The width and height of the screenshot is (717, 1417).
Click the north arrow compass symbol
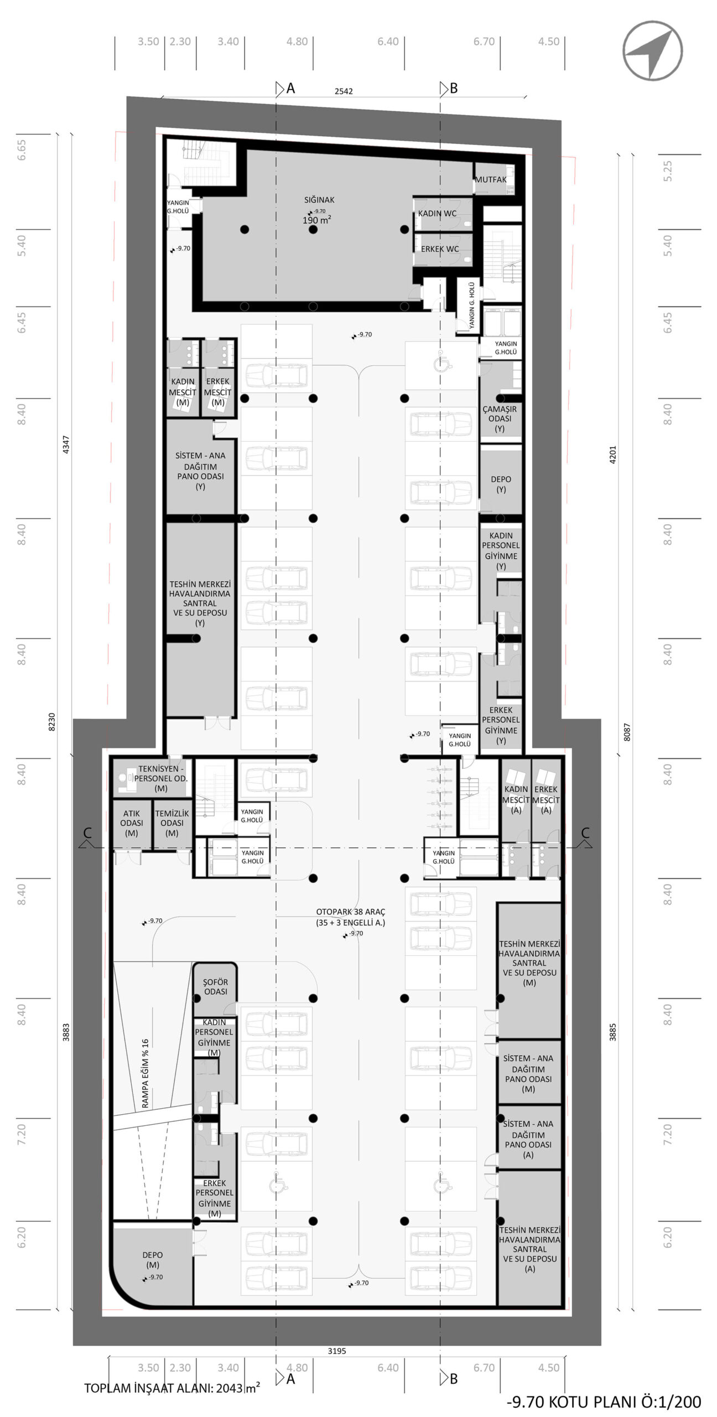click(652, 51)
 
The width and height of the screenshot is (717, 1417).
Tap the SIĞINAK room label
click(319, 200)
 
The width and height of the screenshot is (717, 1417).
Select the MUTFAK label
click(491, 179)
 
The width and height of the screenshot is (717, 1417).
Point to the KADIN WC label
click(437, 213)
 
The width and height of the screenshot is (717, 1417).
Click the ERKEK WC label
click(440, 249)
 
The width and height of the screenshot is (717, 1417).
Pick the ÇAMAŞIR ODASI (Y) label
click(500, 418)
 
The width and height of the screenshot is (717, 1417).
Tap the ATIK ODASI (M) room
click(132, 823)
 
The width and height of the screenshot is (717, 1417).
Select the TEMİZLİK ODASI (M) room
click(172, 823)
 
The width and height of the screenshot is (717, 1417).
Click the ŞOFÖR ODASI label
click(216, 986)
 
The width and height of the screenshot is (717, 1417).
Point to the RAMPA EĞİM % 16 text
click(146, 1073)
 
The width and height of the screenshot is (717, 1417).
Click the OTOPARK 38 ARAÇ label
click(351, 911)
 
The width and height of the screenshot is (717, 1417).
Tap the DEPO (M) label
click(153, 1260)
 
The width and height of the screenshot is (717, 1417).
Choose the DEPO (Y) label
click(501, 484)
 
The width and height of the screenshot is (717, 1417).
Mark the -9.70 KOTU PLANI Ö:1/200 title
click(604, 1402)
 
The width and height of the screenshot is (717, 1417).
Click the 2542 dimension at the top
click(344, 91)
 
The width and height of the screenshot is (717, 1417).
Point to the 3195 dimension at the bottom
click(337, 1351)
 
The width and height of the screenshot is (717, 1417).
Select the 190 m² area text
click(316, 220)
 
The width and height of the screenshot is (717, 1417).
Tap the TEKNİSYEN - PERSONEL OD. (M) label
click(161, 778)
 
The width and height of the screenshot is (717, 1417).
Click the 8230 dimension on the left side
click(52, 722)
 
